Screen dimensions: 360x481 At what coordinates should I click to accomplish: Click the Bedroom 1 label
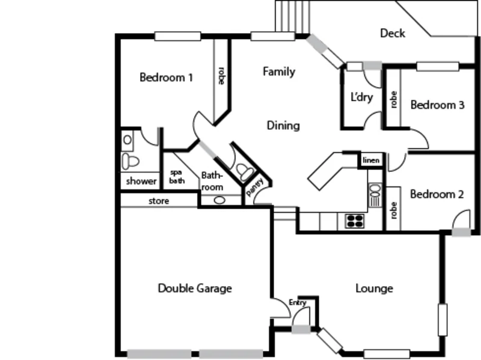click(x=166, y=78)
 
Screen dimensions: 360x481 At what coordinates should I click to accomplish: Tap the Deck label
click(x=392, y=34)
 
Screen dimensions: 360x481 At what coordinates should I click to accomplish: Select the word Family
click(x=279, y=72)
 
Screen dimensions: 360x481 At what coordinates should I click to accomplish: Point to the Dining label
click(x=283, y=126)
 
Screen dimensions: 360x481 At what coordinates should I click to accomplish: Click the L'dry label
click(x=361, y=97)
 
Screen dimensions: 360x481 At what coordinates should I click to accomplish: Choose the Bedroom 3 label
click(x=437, y=105)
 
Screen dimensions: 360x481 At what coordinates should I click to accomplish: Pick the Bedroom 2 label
click(x=437, y=195)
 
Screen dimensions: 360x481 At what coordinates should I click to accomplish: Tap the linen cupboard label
click(x=370, y=160)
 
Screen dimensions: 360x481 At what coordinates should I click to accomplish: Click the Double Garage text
click(x=195, y=288)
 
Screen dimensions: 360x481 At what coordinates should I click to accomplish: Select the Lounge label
click(x=374, y=288)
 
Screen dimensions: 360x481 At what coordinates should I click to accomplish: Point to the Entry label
click(x=298, y=302)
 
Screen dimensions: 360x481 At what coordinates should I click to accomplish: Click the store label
click(x=159, y=201)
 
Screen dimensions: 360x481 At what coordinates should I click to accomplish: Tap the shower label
click(x=141, y=181)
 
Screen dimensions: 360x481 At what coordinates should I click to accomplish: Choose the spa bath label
click(x=176, y=176)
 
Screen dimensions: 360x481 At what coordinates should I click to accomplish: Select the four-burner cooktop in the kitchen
click(x=354, y=221)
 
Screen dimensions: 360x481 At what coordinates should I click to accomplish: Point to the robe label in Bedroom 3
click(x=394, y=99)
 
